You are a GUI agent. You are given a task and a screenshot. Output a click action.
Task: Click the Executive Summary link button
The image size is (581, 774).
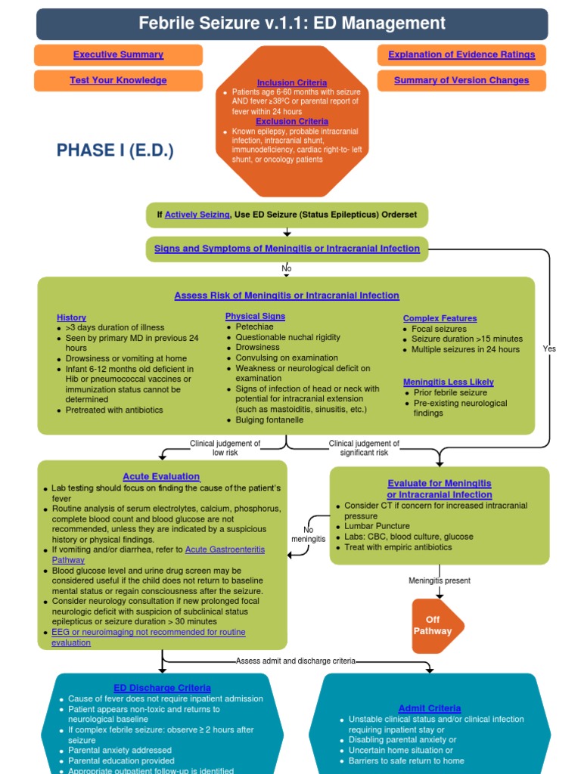(x=118, y=54)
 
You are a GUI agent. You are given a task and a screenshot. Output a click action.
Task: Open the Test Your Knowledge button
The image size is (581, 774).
(x=118, y=80)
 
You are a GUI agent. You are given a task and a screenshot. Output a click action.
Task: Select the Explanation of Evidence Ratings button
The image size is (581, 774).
(x=461, y=54)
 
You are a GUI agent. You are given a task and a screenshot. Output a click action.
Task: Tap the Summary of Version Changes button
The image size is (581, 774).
(x=461, y=80)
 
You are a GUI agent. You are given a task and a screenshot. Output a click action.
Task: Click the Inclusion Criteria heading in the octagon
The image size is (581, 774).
(x=292, y=82)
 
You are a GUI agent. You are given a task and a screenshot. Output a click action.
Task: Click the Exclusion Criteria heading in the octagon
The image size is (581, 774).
(x=292, y=121)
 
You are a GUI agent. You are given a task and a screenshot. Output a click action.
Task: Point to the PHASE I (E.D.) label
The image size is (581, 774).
(x=115, y=150)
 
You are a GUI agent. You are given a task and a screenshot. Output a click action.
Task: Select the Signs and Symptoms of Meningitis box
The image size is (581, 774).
(x=287, y=249)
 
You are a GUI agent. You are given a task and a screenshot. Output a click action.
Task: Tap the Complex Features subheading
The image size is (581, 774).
(x=440, y=318)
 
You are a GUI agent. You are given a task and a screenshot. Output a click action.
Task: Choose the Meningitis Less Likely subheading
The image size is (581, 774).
(x=448, y=382)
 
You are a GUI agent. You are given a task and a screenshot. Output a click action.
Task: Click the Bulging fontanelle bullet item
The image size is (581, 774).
(x=269, y=420)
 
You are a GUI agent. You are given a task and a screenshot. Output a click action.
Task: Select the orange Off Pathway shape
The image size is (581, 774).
(x=434, y=625)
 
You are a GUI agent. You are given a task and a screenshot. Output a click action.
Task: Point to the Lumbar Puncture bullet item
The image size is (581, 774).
(x=377, y=526)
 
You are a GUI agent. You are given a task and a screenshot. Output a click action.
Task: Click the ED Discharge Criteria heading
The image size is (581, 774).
(x=162, y=688)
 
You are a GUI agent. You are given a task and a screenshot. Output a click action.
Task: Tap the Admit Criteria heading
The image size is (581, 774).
(x=429, y=708)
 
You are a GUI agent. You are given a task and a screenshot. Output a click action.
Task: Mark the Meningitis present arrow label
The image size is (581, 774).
(x=440, y=580)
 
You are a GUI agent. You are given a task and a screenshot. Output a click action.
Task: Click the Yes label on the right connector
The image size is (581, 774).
(x=549, y=348)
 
